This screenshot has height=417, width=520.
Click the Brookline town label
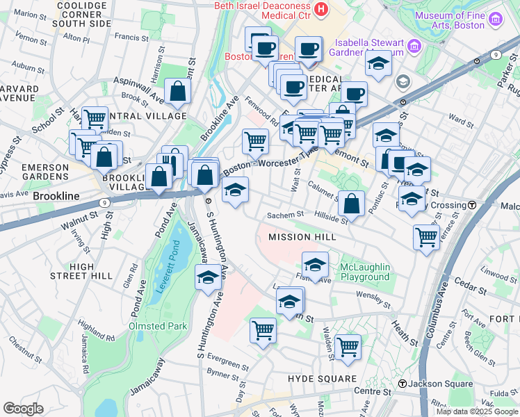point(56,197)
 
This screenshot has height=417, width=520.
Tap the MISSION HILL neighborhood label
point(302,237)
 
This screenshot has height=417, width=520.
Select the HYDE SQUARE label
point(322,379)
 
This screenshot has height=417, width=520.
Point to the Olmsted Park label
point(157,326)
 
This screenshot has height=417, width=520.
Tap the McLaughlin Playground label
point(365,272)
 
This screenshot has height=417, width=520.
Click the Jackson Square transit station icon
point(402,384)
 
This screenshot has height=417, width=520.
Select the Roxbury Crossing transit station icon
point(472,205)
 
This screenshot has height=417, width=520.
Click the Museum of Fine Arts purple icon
point(494,19)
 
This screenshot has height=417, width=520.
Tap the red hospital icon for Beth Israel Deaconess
point(320,9)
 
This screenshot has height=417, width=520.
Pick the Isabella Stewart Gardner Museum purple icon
point(414,47)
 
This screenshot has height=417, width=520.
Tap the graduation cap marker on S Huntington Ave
point(208,278)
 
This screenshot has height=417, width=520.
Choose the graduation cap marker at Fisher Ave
point(315,265)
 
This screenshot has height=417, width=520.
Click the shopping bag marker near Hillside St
point(352,204)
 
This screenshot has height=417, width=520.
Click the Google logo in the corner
point(22,409)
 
